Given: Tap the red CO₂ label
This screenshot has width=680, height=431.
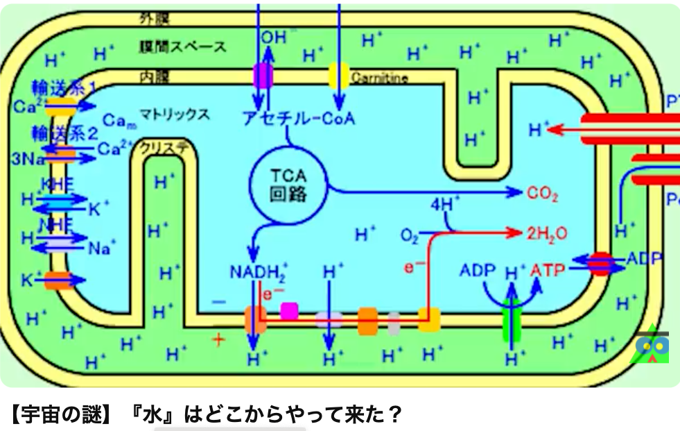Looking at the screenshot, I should point(543,194).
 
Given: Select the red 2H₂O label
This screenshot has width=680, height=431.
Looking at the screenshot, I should point(547,233).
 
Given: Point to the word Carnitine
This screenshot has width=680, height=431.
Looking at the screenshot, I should point(379,78).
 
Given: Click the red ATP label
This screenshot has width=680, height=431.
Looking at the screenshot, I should point(548,269).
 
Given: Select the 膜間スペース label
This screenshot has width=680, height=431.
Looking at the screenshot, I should point(182,47).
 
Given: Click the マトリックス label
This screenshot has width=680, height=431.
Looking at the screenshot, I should point(174,115).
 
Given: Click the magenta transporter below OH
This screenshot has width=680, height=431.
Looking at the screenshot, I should point(263,76).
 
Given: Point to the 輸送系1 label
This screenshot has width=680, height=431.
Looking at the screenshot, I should point(63,88).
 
